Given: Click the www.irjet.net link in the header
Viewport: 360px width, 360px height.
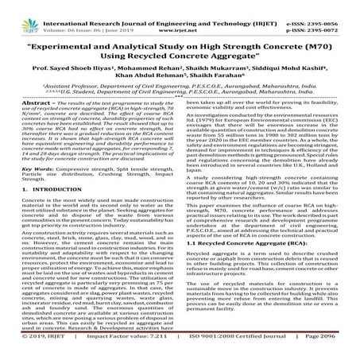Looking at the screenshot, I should click(181, 15).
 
